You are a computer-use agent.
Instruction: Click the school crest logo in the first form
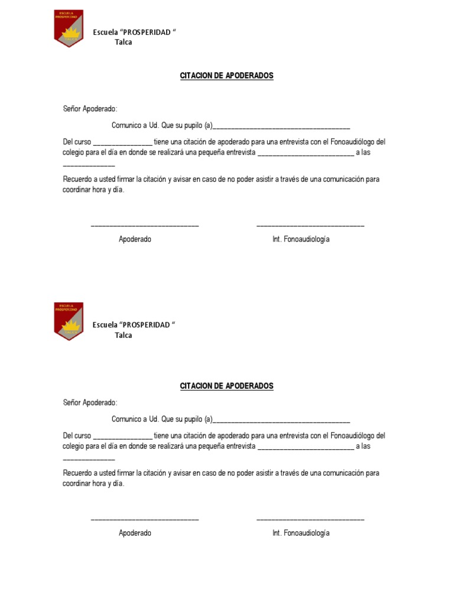tap(69, 28)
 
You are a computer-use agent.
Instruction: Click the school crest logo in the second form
tap(69, 321)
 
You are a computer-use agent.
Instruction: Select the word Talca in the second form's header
tap(124, 336)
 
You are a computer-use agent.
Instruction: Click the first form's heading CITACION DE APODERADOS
tap(226, 76)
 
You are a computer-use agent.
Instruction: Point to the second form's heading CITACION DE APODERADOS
tap(226, 386)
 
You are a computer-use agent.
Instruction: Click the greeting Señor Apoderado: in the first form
tap(90, 109)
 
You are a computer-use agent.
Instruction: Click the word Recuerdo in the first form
tap(77, 179)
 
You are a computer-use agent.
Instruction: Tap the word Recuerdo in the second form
tap(77, 473)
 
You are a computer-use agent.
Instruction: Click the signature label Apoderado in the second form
tap(135, 533)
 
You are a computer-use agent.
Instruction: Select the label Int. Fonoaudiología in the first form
tap(301, 240)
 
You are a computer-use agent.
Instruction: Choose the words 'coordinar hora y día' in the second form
tap(93, 483)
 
